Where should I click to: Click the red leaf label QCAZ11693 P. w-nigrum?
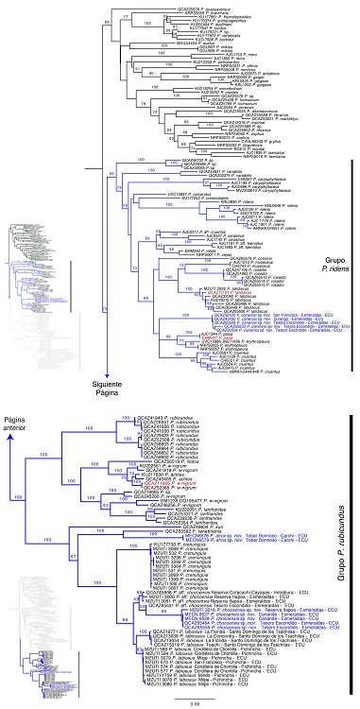[174, 457]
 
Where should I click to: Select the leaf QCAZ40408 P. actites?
[176, 452]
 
